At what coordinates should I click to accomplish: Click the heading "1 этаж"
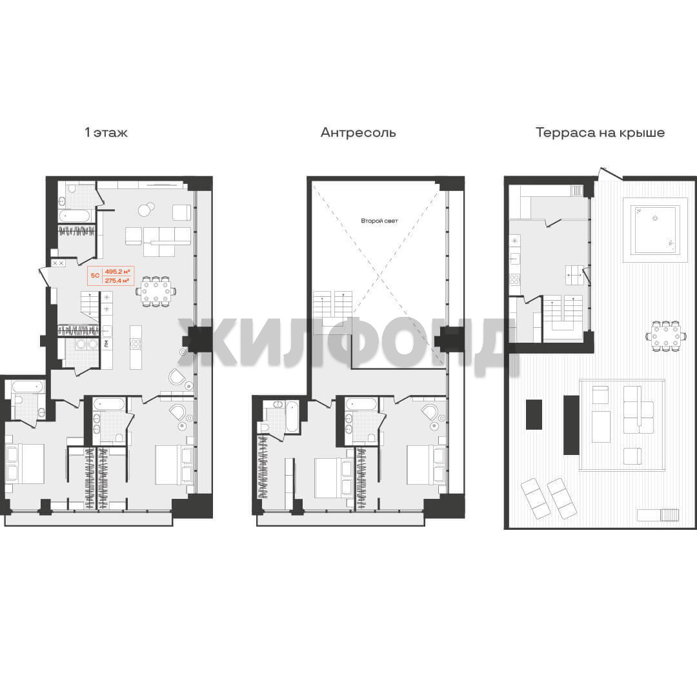(106, 132)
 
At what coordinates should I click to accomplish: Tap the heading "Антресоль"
(358, 132)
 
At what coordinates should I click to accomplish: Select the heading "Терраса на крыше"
(600, 132)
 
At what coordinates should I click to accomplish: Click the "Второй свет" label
(379, 221)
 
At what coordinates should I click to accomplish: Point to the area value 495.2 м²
(117, 271)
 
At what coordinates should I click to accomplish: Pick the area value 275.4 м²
(117, 281)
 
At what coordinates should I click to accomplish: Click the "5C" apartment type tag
(95, 276)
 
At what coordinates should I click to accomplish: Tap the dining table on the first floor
(156, 292)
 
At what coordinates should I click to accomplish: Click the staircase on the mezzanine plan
(333, 308)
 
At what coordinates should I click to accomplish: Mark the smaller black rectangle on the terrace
(534, 414)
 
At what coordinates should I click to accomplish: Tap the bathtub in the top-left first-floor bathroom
(75, 216)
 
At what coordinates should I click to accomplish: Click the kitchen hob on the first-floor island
(136, 343)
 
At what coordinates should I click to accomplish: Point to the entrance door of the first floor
(44, 276)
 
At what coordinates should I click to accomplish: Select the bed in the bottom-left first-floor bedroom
(25, 463)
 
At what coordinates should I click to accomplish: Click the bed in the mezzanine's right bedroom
(425, 465)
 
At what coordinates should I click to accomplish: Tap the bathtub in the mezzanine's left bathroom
(292, 416)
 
